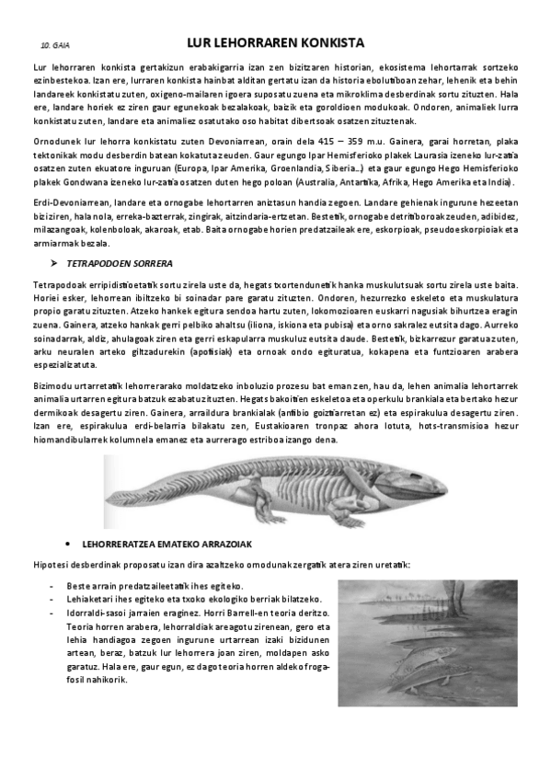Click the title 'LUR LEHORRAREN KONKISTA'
pos(275,43)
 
